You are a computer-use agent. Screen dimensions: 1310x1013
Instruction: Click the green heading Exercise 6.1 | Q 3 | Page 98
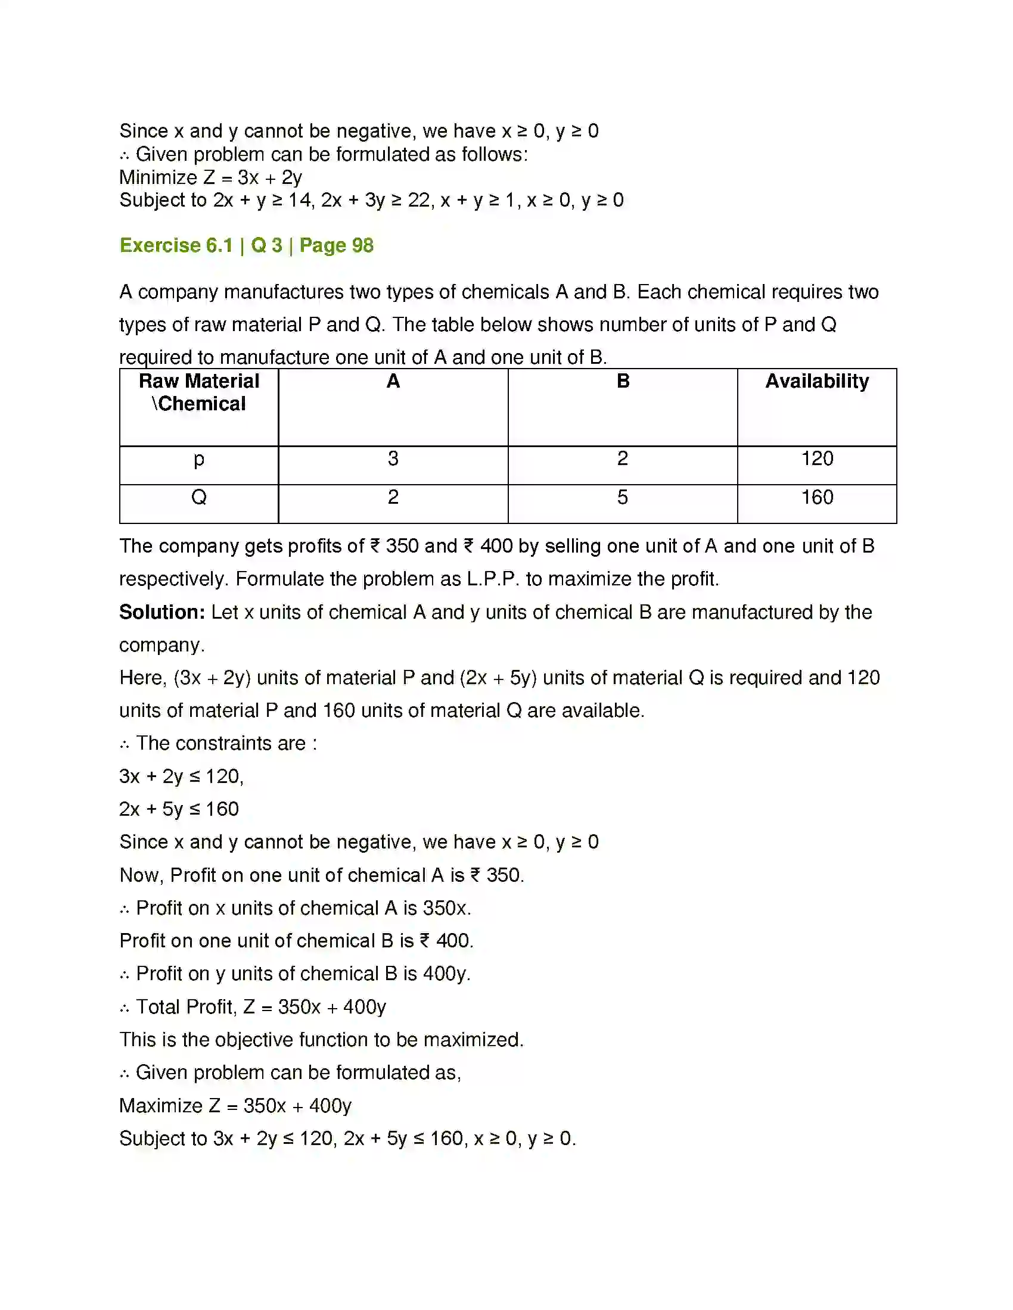246,245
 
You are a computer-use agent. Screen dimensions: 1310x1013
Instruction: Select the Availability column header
817,382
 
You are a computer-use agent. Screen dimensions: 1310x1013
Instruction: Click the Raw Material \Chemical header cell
198,393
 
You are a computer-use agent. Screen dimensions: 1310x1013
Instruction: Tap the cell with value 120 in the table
817,459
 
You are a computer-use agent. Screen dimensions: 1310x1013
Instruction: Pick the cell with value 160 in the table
817,497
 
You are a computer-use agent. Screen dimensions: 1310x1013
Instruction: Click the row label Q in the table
198,497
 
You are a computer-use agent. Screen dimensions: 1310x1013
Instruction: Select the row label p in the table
198,460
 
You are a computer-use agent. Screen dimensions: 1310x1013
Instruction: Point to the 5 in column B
622,497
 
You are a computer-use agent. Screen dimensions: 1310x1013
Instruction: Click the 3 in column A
393,459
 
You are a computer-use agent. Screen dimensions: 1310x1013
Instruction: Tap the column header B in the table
623,382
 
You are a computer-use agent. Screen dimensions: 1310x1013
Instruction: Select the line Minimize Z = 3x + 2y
210,177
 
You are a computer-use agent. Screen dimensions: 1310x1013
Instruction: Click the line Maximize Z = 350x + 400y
235,1106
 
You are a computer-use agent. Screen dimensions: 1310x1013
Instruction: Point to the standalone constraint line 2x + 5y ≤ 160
179,809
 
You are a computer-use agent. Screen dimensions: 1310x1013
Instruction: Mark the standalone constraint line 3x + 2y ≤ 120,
181,776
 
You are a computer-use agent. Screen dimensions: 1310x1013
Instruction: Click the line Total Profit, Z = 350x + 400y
260,1006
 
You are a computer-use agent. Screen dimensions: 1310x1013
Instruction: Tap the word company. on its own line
162,645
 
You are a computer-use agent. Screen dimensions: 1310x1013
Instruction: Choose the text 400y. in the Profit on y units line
446,974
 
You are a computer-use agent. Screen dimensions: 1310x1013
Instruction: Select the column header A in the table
393,382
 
